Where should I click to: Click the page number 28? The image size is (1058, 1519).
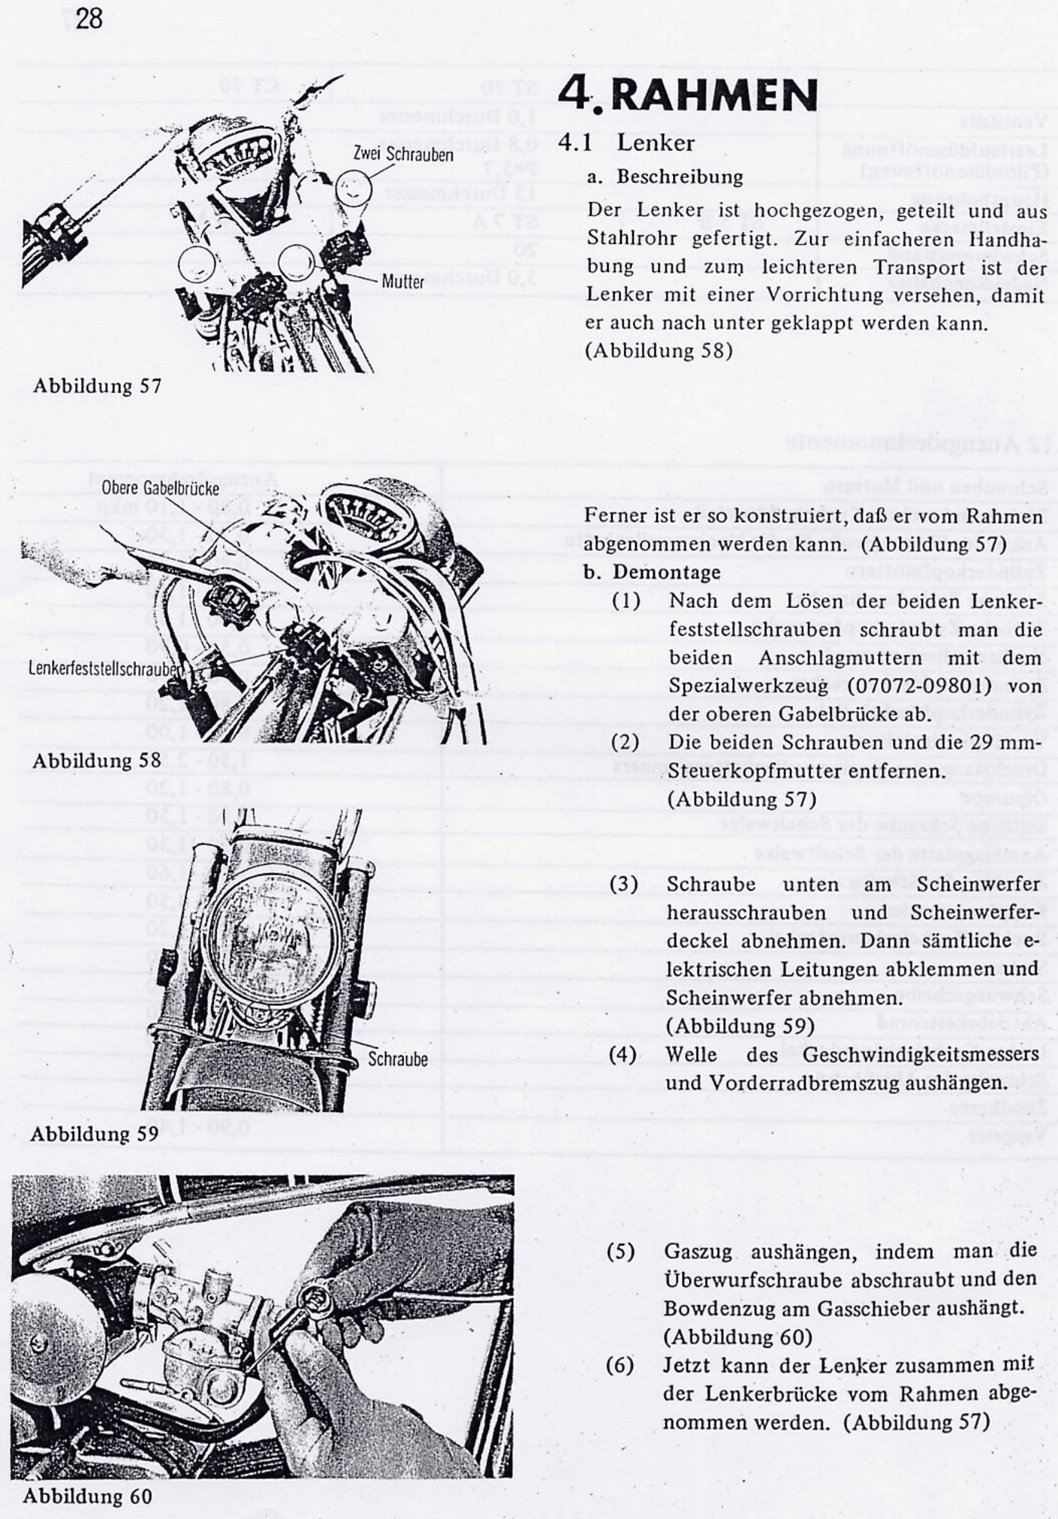89,18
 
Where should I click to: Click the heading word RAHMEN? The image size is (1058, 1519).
713,95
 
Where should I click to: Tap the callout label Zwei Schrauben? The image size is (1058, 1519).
403,154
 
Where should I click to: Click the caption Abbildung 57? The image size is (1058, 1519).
97,386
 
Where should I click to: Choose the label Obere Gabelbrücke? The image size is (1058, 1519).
160,488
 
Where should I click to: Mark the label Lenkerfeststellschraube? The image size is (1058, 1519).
105,668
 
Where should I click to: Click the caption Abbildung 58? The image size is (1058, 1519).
96,760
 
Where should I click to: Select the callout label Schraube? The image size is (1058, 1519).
397,1059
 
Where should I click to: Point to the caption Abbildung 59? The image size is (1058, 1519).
94,1133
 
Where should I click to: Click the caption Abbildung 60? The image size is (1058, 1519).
87,1495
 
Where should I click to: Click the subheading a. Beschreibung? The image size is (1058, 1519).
665,177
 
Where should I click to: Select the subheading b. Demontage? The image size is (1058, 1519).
652,572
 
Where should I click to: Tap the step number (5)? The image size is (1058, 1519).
620,1252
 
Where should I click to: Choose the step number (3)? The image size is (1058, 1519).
623,884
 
